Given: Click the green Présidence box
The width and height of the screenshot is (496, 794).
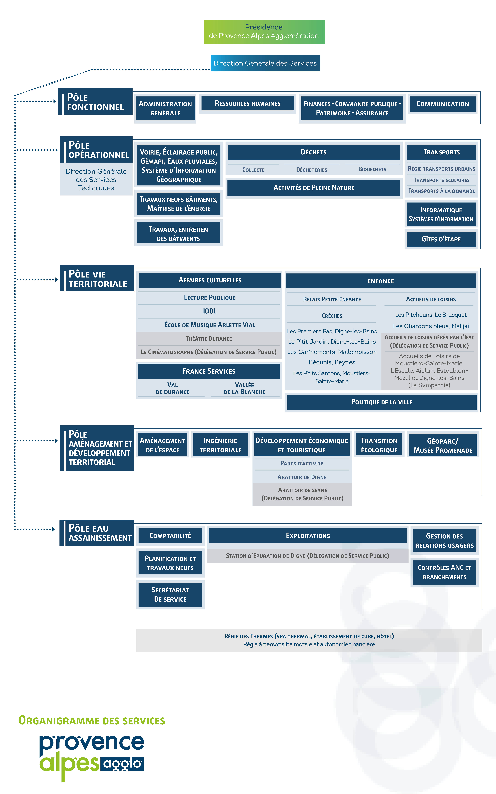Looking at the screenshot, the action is [264, 32].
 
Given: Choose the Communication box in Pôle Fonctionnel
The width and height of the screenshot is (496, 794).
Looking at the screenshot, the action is [443, 104].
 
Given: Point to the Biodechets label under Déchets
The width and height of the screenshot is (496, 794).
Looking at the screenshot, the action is [372, 169].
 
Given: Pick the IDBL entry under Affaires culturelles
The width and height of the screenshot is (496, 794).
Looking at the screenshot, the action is [210, 311].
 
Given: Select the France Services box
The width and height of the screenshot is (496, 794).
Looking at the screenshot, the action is [209, 371].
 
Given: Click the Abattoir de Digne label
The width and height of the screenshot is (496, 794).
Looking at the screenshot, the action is [302, 477].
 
